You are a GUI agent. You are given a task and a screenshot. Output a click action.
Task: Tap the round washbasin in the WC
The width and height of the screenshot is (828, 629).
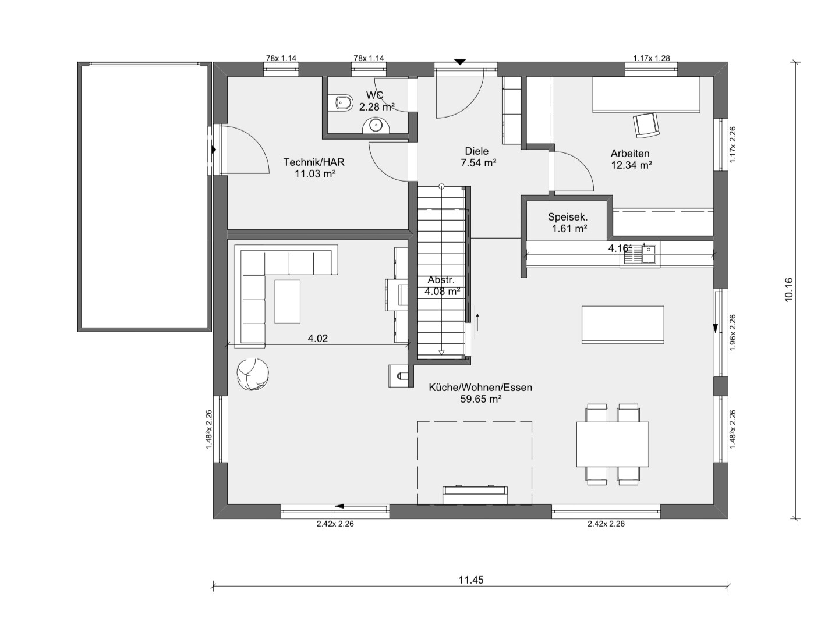[376, 126]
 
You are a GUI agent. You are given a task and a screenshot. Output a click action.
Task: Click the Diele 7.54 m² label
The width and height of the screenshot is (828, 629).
[477, 157]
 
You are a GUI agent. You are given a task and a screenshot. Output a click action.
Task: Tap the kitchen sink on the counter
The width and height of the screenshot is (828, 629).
[640, 254]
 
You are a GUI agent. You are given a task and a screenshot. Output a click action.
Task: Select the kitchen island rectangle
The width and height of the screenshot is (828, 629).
[623, 325]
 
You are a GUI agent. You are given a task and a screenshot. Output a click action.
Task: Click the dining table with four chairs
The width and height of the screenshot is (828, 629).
[612, 445]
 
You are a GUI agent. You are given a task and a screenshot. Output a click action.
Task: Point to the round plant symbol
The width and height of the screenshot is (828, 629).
[253, 374]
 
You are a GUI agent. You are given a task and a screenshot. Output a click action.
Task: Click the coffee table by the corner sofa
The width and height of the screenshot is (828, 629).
[288, 301]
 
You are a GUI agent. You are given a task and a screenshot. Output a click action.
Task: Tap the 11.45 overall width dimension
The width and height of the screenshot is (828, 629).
[470, 580]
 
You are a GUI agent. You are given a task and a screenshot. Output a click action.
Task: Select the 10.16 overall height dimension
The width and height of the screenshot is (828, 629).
[788, 289]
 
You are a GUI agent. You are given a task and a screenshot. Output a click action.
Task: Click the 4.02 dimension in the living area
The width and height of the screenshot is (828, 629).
[317, 339]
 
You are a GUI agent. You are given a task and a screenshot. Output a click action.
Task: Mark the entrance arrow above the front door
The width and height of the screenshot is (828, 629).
[460, 62]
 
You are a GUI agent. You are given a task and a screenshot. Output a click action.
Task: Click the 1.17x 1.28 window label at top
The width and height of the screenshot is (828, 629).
[652, 58]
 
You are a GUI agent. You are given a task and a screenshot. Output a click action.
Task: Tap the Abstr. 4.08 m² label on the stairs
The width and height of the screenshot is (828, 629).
[442, 286]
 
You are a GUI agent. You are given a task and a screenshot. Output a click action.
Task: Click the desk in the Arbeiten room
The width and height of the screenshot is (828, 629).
[646, 95]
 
